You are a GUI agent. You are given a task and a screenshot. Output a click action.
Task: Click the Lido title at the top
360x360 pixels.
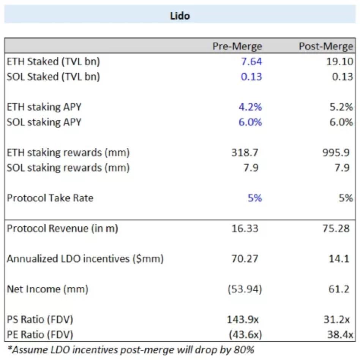(x=180, y=16)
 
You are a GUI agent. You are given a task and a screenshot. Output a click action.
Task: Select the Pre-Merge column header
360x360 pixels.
(x=237, y=46)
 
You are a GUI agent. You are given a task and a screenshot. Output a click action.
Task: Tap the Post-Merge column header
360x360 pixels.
(x=326, y=46)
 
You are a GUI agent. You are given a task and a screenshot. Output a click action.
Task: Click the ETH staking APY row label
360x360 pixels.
(x=44, y=107)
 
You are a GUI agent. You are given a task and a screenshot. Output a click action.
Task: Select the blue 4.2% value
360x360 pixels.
(x=250, y=107)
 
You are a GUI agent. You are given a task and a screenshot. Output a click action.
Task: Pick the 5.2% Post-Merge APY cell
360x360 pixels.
(x=341, y=107)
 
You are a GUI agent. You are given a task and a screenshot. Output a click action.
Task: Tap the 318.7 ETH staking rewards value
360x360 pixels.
(x=245, y=153)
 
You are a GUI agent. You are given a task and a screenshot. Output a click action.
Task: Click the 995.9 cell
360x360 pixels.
(x=337, y=153)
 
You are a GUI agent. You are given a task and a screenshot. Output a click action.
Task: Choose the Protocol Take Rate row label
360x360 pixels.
(x=50, y=198)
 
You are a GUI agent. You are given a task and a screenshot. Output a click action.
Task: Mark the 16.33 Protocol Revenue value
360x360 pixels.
(x=245, y=228)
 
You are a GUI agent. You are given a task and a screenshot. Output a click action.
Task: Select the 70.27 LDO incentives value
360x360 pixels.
(x=245, y=259)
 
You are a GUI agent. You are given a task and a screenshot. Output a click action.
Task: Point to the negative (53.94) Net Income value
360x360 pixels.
(x=245, y=289)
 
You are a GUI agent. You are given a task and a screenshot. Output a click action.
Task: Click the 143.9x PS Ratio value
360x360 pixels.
(x=245, y=319)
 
